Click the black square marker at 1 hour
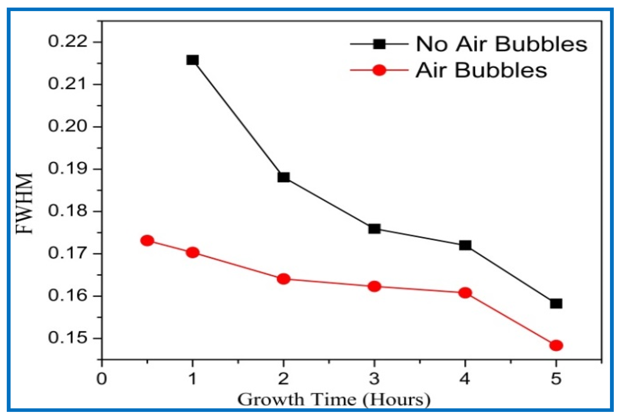pyautogui.click(x=192, y=60)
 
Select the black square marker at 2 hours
pyautogui.click(x=283, y=177)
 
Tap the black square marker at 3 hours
pyautogui.click(x=374, y=229)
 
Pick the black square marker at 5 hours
pyautogui.click(x=556, y=304)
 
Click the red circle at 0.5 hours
pyautogui.click(x=147, y=240)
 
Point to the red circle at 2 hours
pyautogui.click(x=283, y=279)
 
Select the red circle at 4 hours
pyautogui.click(x=465, y=293)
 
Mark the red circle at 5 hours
pyautogui.click(x=556, y=346)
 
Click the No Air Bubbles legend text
pyautogui.click(x=501, y=44)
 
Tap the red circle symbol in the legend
pyautogui.click(x=379, y=70)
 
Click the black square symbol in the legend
pyautogui.click(x=379, y=44)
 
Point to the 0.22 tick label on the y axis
pyautogui.click(x=68, y=42)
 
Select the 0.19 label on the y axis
pyautogui.click(x=68, y=169)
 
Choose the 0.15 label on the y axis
pyautogui.click(x=68, y=338)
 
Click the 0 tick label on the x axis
pyautogui.click(x=102, y=379)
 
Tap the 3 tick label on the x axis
pyautogui.click(x=374, y=379)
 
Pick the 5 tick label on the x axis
pyautogui.click(x=556, y=379)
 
